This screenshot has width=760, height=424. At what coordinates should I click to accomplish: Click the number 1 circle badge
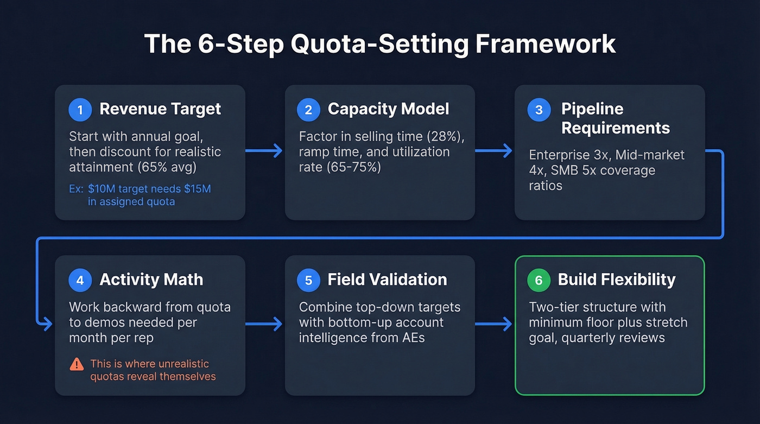pos(80,110)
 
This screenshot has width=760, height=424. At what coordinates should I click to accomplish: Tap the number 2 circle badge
pos(308,110)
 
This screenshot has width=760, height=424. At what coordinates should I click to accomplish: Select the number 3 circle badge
pos(539,110)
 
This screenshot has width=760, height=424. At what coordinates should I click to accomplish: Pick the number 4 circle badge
pos(80,280)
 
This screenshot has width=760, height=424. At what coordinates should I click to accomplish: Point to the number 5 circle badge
pos(308,280)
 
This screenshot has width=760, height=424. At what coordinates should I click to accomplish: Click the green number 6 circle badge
pos(539,280)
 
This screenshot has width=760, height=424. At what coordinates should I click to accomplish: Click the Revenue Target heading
pos(160,109)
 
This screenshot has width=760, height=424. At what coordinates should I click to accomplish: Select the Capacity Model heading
pos(388,109)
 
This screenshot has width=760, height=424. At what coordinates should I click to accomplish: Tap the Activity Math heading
pos(151,280)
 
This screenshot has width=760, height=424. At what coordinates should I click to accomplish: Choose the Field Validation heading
pos(387,280)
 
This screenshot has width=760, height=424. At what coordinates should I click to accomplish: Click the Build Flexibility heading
pos(617,280)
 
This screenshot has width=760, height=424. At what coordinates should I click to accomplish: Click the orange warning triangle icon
pos(77,364)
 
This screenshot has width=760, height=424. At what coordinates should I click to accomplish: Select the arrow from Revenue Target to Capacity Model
pos(264,151)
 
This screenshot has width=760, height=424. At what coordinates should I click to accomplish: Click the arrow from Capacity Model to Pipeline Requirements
pos(494,151)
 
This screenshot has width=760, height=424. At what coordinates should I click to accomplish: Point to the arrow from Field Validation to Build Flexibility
pos(494,325)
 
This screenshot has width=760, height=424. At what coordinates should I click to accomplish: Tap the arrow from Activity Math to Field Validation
pos(264,325)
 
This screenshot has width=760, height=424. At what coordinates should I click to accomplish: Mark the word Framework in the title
pos(546,44)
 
